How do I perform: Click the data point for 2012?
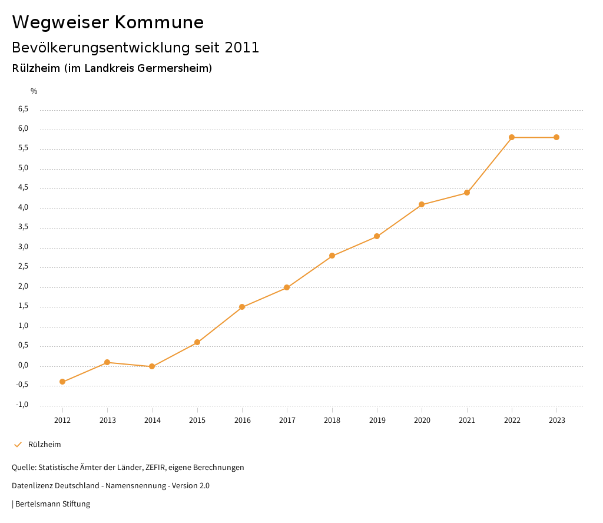(x=62, y=382)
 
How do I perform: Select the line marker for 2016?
(x=242, y=307)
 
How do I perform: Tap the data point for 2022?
(x=512, y=137)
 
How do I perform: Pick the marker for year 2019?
(x=377, y=236)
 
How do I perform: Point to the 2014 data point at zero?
(x=152, y=366)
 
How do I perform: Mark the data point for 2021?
(x=467, y=193)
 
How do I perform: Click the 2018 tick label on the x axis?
(x=332, y=420)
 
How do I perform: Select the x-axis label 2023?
(x=556, y=420)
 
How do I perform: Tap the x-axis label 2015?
(x=197, y=420)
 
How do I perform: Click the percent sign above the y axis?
(x=34, y=91)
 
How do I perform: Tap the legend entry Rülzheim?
(x=44, y=445)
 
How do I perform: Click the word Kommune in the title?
(x=159, y=22)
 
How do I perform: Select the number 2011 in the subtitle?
(x=243, y=48)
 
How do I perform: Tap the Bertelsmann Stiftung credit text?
(x=52, y=504)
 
